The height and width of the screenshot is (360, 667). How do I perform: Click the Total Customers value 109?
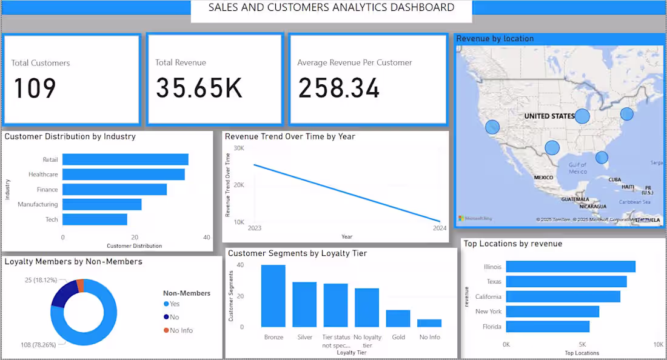[35, 88]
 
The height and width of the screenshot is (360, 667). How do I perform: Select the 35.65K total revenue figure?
[199, 88]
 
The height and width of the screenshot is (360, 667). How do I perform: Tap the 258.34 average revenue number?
[338, 88]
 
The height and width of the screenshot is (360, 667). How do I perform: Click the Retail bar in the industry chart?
[125, 159]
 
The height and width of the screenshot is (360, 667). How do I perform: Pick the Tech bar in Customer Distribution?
[95, 219]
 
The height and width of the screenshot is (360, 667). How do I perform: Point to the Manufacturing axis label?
[38, 205]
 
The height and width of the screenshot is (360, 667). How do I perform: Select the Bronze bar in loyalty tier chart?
[273, 296]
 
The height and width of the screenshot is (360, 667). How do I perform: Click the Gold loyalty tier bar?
[398, 318]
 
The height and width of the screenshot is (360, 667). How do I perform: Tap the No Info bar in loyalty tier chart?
[429, 323]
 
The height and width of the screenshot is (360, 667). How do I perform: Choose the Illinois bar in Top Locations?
[570, 267]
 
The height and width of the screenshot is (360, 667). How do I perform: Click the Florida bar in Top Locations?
[547, 327]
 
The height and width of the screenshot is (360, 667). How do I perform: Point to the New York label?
[488, 312]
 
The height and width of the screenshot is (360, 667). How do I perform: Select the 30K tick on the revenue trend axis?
[238, 148]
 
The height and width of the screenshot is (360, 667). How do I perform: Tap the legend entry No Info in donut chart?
[181, 330]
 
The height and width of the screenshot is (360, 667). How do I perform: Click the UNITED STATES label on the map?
[549, 116]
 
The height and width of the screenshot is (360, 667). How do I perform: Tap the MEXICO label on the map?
[543, 178]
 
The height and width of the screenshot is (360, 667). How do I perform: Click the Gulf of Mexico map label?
[578, 168]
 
